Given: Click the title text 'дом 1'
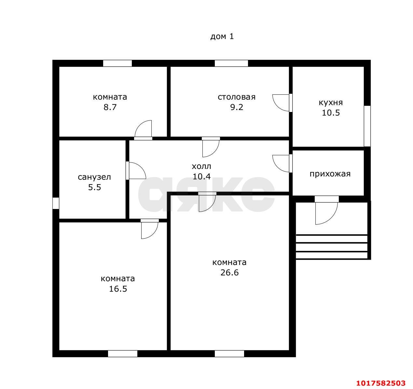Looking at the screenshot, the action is tap(222, 36).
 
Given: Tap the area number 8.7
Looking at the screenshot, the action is tap(110, 107).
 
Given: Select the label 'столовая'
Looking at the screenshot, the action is tap(237, 97).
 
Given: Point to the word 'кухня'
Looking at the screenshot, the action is tap(331, 103).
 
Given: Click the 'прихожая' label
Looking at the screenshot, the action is tap(330, 174).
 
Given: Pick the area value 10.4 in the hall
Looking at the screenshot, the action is tap(202, 177).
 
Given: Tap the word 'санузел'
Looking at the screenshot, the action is tap(94, 177).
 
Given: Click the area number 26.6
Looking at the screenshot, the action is tap(229, 273).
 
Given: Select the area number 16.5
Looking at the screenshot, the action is tap(118, 289).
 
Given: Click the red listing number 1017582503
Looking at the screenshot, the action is tap(381, 383).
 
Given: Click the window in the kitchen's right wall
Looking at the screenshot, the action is tap(367, 126).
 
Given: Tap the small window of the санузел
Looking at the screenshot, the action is tap(56, 203).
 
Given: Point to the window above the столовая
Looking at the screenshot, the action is tap(231, 63).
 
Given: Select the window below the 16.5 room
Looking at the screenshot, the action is tap(123, 354).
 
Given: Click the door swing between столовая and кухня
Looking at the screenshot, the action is tap(282, 103).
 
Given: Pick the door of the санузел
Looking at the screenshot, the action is tap(136, 171).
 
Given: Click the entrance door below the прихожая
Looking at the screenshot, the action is tap(326, 210).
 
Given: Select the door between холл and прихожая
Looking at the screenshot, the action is tap(282, 163).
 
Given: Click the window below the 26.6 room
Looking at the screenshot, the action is tap(229, 354).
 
